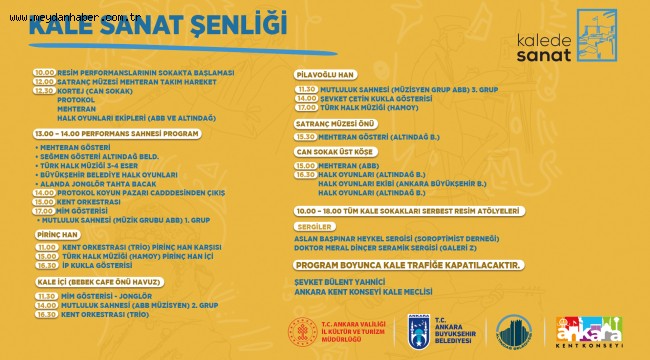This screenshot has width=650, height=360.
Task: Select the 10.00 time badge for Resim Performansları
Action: pos(44,73)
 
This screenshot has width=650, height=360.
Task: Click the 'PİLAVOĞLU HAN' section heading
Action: pos(325,75)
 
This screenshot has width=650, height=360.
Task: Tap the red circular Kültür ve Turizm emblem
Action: pos(303,332)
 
